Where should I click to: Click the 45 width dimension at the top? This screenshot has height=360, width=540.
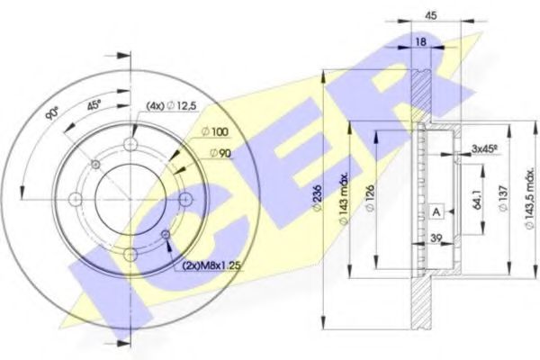[x=431, y=15]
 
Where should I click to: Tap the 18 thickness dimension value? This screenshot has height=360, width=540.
[x=421, y=42]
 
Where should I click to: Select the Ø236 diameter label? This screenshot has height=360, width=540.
[x=317, y=198]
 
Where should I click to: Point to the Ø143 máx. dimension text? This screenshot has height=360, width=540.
[x=344, y=198]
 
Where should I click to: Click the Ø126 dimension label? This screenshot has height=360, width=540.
[x=370, y=198]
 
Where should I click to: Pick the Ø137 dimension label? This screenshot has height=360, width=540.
[x=503, y=199]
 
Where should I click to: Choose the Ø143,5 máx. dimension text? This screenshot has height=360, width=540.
[x=530, y=199]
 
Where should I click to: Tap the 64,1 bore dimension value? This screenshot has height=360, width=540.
[x=477, y=199]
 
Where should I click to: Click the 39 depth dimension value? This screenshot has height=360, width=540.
[x=436, y=238]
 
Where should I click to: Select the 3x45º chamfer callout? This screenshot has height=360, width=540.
[x=485, y=148]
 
